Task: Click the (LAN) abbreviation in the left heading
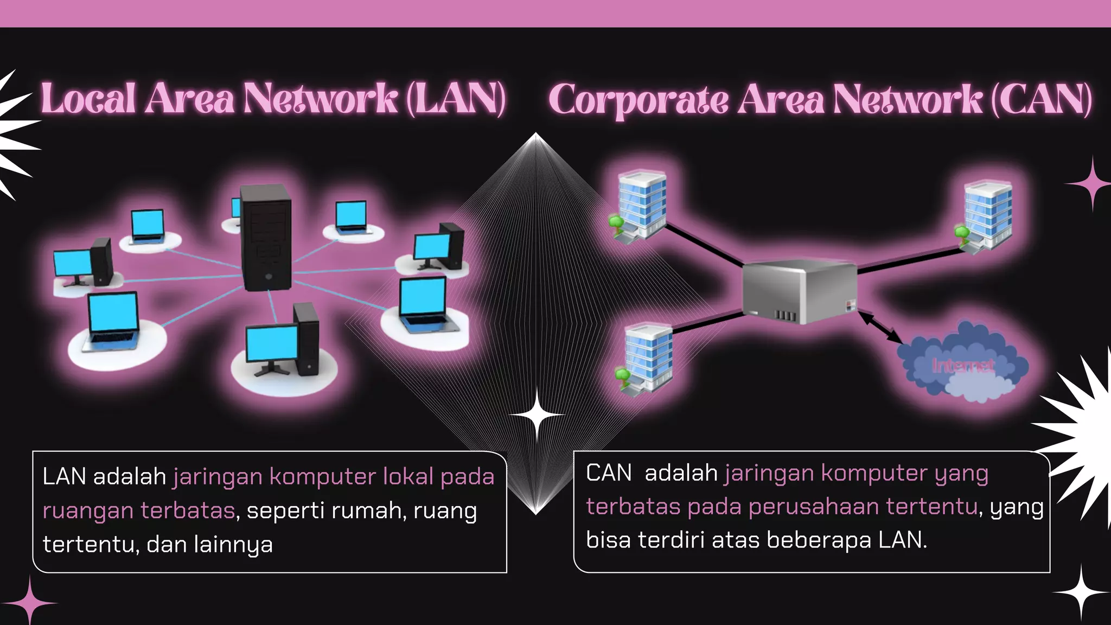click(x=456, y=99)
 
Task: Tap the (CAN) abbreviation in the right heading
click(x=1042, y=100)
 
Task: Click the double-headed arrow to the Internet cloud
click(x=880, y=327)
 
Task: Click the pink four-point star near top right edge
click(x=1091, y=184)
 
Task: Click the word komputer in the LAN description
click(x=323, y=477)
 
